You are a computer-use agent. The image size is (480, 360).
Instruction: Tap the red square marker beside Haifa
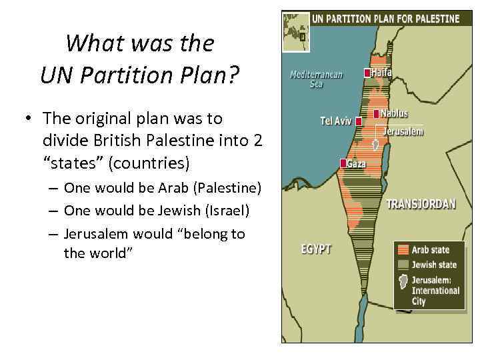[367, 73]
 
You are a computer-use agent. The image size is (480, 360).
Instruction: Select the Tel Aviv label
[335, 121]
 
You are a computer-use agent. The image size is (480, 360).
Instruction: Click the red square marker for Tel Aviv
[359, 121]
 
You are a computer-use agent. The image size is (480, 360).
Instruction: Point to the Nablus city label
[394, 114]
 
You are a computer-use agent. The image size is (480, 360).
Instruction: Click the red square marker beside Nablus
[377, 114]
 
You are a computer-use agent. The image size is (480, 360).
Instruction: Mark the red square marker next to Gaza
[343, 163]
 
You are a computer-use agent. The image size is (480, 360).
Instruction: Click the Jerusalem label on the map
[403, 131]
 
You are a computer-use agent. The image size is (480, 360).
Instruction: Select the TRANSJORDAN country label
[421, 204]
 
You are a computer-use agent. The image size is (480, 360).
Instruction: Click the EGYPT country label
[316, 249]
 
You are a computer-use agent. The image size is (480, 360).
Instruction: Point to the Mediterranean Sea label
[316, 79]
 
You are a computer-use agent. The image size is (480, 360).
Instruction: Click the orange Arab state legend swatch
[402, 251]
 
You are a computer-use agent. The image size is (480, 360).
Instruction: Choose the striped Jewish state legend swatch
[402, 265]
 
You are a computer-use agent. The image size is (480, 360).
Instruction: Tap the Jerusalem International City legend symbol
[402, 282]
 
